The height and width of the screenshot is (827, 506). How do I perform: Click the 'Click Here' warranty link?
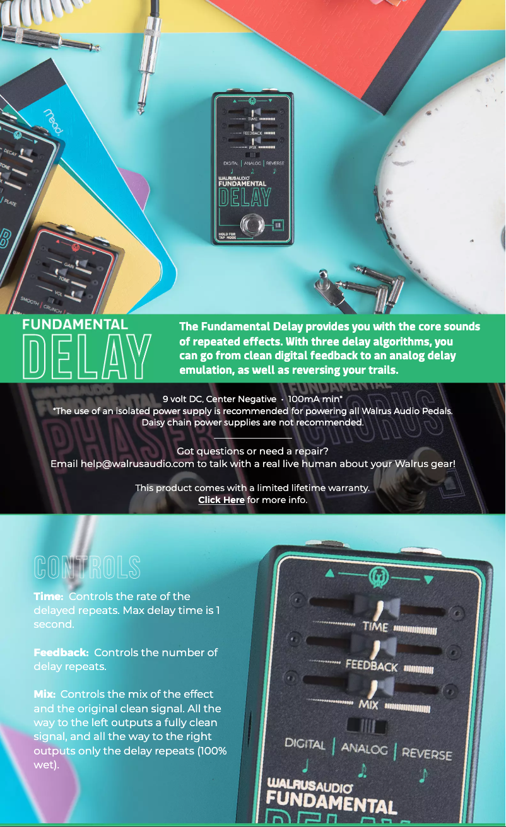click(221, 500)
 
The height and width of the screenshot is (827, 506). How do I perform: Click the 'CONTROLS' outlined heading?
click(87, 567)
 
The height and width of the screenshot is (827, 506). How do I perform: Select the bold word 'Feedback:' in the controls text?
click(61, 652)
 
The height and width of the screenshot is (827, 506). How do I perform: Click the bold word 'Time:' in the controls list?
click(49, 596)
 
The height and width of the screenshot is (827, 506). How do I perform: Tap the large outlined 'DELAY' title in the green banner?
click(87, 356)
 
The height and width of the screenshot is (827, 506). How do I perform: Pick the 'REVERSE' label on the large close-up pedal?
click(427, 753)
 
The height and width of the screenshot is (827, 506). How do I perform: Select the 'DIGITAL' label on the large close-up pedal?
click(305, 744)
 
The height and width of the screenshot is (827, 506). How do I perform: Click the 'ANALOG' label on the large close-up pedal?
click(364, 748)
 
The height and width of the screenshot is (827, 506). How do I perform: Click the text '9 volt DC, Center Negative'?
click(219, 399)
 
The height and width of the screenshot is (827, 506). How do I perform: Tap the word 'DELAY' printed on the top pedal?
click(244, 197)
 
